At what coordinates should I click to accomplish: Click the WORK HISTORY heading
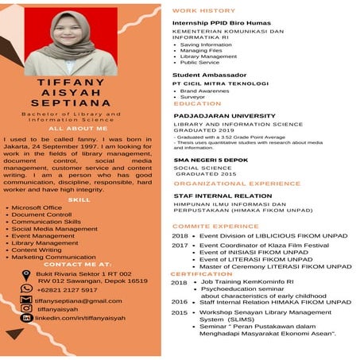tap(204, 11)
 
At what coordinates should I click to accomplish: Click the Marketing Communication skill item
tap(53, 257)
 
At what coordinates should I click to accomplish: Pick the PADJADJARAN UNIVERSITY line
tap(219, 114)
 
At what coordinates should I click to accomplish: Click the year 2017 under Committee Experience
tap(180, 246)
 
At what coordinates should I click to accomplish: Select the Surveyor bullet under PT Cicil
tap(194, 98)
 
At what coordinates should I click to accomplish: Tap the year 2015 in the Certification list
tap(180, 312)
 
